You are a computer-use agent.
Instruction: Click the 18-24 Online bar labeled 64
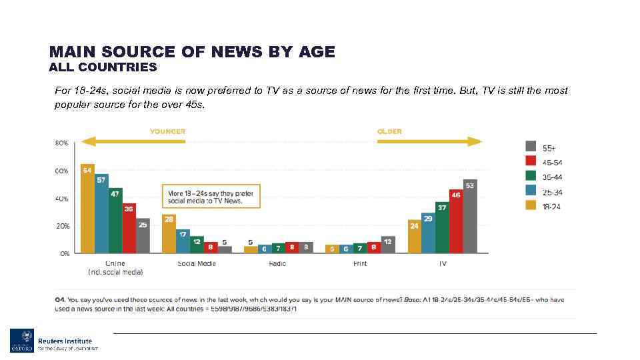click(87, 208)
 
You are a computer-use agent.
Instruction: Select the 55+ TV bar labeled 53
click(470, 216)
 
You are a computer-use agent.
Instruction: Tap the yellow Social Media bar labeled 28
click(169, 233)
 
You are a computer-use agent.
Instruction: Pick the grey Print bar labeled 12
click(388, 244)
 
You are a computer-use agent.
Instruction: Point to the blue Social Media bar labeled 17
click(183, 241)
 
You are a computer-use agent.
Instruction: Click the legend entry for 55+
click(540, 147)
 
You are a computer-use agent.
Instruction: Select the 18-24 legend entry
click(540, 207)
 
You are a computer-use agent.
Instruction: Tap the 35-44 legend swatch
click(531, 177)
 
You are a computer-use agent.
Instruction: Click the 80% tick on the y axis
click(61, 143)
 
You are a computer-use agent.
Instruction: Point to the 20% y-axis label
click(61, 226)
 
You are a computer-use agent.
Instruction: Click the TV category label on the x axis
click(442, 263)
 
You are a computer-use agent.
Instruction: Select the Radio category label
click(278, 263)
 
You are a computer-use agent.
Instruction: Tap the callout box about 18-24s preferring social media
click(211, 197)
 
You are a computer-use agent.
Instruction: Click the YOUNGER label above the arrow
click(167, 131)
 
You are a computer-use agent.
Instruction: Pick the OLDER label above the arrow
click(389, 131)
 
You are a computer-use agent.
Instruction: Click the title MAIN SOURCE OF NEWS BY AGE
click(192, 51)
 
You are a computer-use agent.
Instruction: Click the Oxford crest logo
click(21, 340)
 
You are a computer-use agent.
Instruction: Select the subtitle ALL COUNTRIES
click(103, 67)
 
